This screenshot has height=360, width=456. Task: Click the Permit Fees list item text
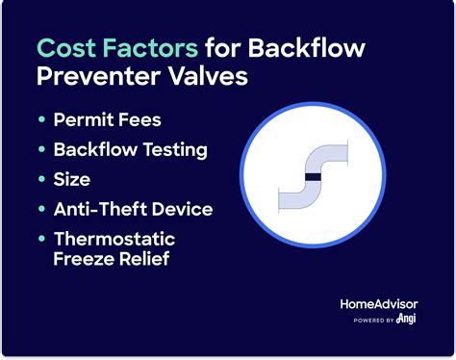[x=108, y=121]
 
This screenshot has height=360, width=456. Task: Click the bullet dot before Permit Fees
[x=42, y=121]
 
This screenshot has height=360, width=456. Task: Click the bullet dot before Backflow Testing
[x=42, y=149]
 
